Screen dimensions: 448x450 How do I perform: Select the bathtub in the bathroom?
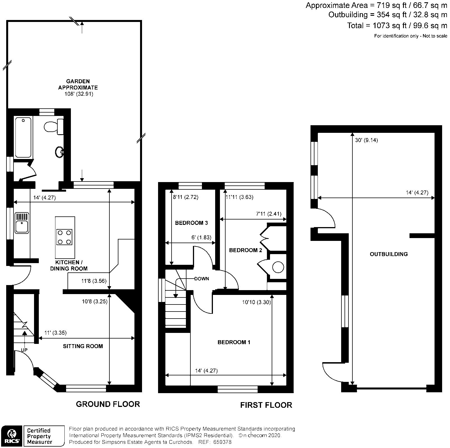coord(23,138)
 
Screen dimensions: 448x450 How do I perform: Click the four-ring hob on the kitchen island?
coord(65,237)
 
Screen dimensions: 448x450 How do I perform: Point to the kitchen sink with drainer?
coord(22,223)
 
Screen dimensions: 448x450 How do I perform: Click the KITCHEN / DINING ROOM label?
coord(69,265)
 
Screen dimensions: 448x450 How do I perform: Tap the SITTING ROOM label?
coord(83,346)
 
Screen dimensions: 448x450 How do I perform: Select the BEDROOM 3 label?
coord(191,223)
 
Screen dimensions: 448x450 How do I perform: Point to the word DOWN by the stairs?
coord(202,279)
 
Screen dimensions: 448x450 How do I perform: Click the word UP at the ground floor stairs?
coord(24,350)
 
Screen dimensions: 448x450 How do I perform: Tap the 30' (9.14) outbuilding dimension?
coord(366,140)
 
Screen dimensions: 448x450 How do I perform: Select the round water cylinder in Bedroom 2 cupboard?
coord(278,267)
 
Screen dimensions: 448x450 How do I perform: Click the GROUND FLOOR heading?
coord(108,404)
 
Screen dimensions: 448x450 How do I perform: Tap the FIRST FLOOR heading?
coord(266,405)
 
